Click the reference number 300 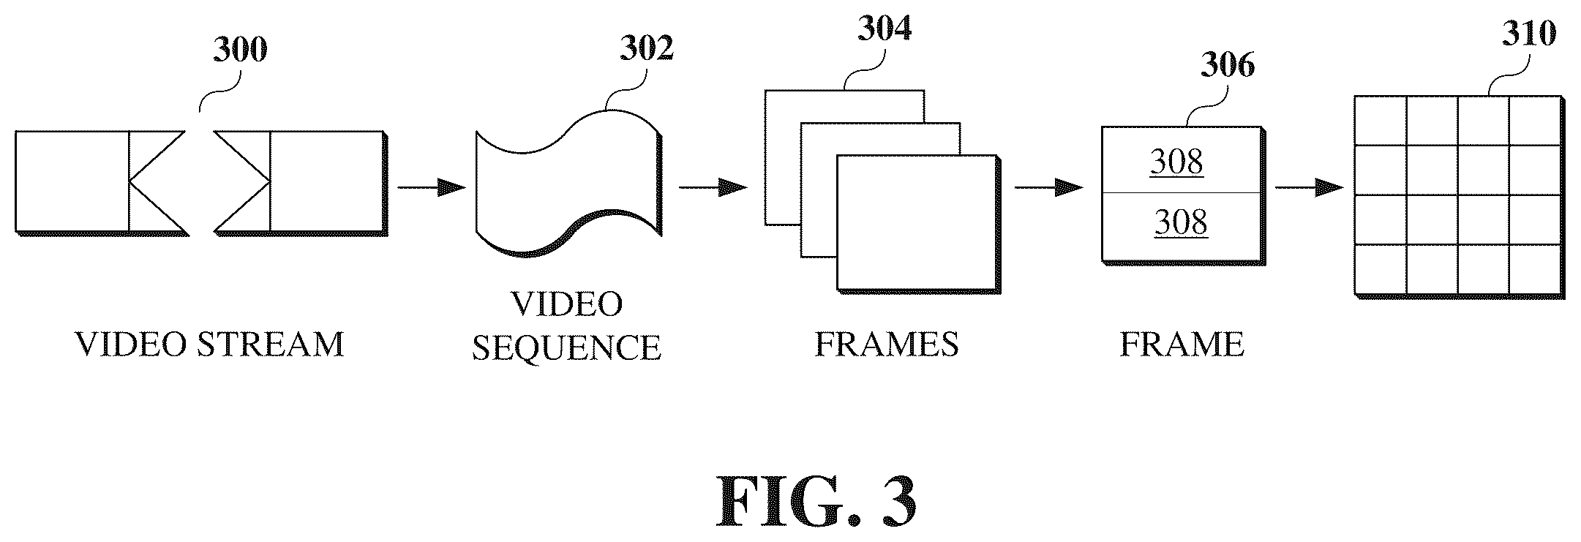tap(240, 50)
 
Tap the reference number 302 tap(647, 48)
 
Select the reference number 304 tap(885, 29)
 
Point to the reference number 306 tap(1227, 65)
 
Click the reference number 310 tap(1529, 34)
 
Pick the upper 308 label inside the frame tap(1176, 162)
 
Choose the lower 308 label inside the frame tap(1181, 222)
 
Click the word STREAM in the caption tap(270, 344)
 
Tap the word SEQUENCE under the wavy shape tap(566, 347)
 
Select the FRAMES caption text tap(887, 344)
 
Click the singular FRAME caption tap(1182, 344)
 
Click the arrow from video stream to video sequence tap(431, 188)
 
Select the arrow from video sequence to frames tap(713, 188)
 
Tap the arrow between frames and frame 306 tap(1048, 188)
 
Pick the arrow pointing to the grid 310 tap(1310, 188)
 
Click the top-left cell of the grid tap(1380, 121)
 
